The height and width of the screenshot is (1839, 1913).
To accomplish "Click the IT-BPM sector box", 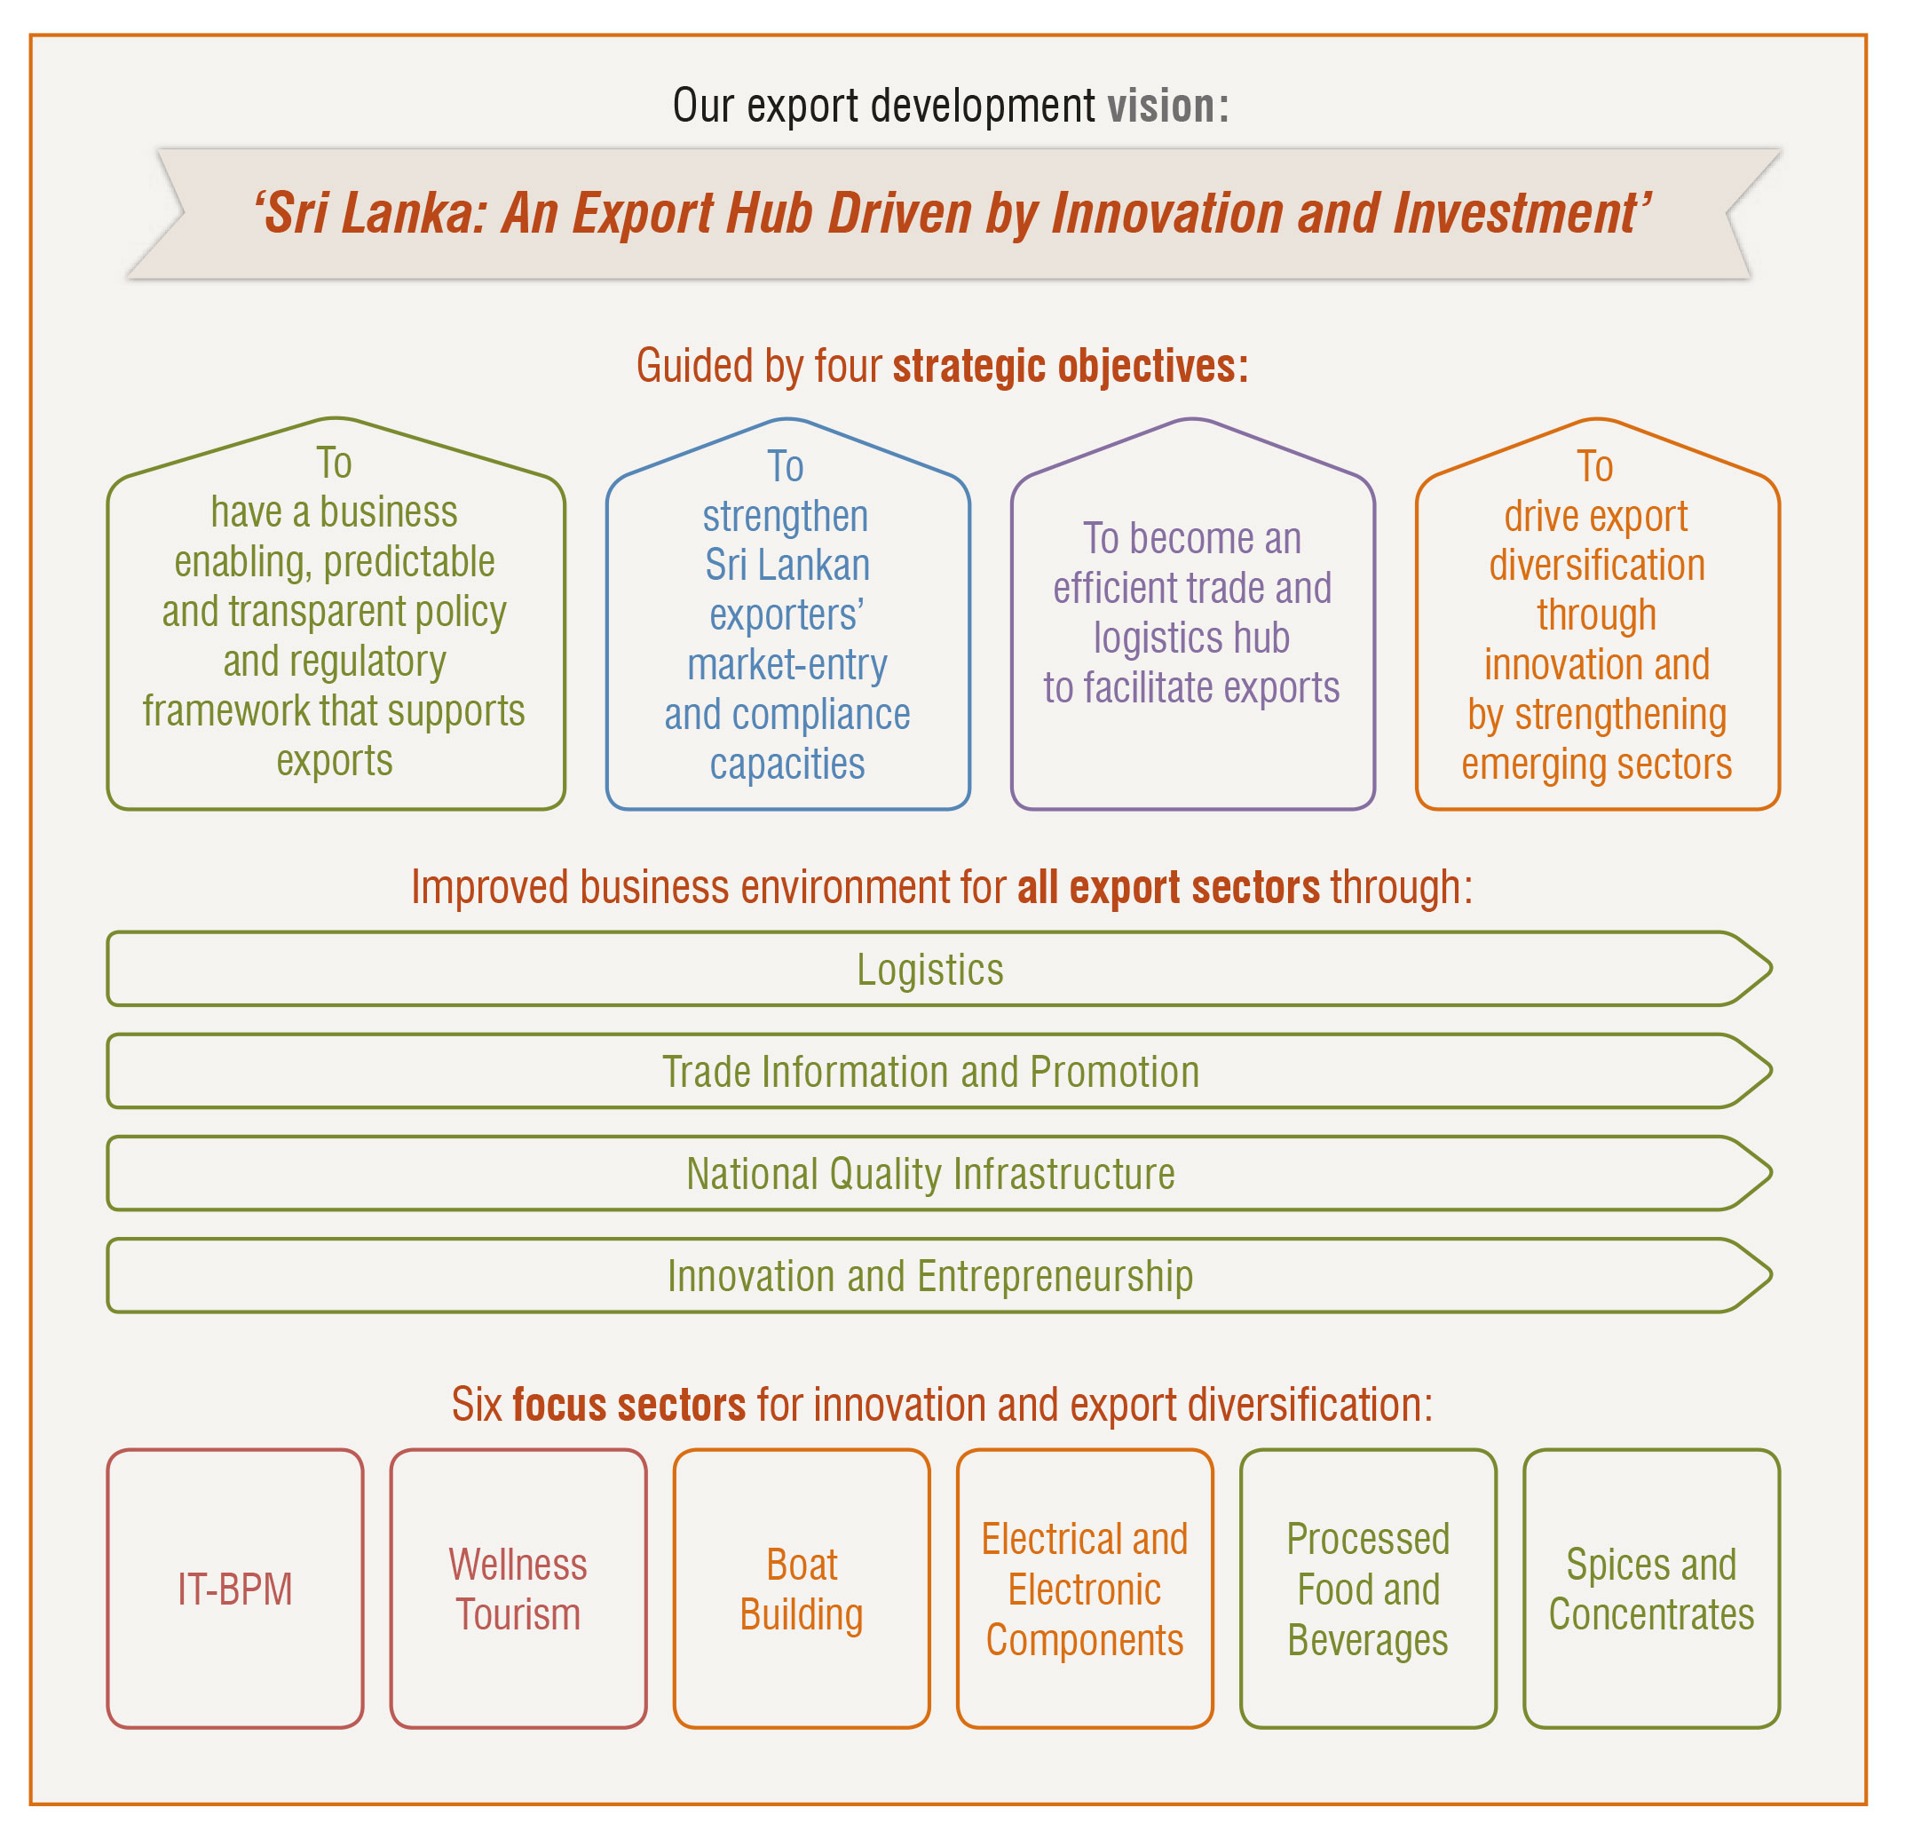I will (235, 1588).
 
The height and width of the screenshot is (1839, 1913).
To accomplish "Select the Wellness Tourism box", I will (518, 1588).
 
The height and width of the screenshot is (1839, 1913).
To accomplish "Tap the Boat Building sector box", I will (802, 1588).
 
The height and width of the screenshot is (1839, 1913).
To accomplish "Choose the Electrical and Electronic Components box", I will (1085, 1588).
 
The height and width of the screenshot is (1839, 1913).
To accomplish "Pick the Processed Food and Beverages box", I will (1367, 1588).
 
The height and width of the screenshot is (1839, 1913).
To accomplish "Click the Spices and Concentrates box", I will (1651, 1588).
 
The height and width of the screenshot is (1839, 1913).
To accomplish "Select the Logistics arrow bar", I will (930, 970).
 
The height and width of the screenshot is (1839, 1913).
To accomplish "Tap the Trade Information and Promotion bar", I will (930, 1072).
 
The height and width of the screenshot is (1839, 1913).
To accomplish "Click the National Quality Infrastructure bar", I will (930, 1173).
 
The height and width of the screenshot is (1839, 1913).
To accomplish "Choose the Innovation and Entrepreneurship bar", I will (930, 1276).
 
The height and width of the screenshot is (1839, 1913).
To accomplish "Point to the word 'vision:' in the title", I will (1167, 106).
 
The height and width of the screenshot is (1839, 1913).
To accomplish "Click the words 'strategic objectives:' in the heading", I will (1071, 366).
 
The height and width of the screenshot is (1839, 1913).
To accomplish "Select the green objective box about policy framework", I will (335, 625).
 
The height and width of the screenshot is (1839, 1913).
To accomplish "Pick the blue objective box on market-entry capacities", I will (787, 625).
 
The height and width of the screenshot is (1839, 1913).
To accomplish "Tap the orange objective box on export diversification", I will (1597, 625).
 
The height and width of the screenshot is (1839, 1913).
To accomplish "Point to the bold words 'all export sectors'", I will (1168, 887).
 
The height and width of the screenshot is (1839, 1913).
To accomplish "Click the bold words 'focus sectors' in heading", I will (628, 1405).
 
